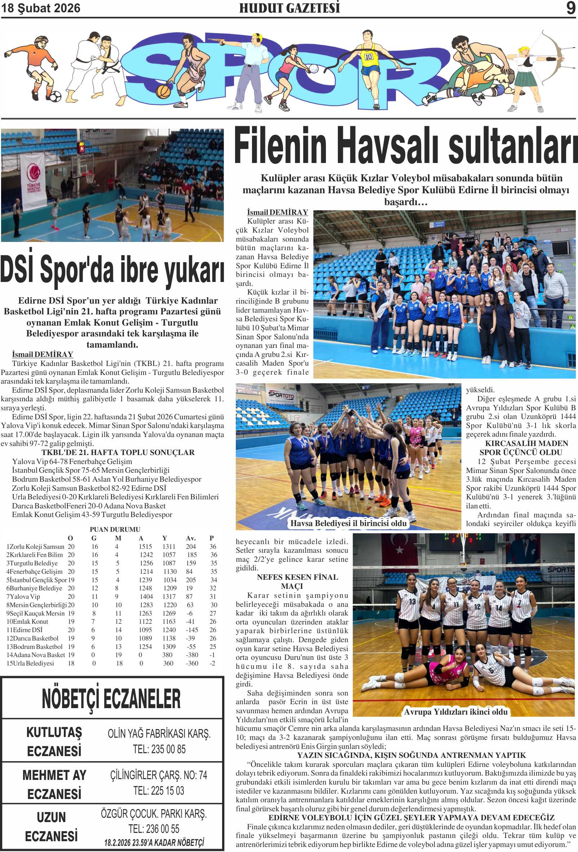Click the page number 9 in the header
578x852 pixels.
coord(570,8)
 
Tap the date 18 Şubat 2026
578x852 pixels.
coord(41,8)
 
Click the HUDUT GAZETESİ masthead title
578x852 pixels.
coord(289,8)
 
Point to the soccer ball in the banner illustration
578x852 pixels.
coord(55,96)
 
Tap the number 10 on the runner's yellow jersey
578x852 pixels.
coord(369,57)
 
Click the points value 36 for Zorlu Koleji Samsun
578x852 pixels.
coord(213,547)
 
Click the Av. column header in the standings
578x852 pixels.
coord(191,538)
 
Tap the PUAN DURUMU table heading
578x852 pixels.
coord(115,529)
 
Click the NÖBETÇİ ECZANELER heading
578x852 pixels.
coord(111,699)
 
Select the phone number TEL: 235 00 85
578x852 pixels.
coord(159,749)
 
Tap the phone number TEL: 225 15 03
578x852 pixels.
coord(158,791)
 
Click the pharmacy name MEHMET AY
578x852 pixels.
coord(54,775)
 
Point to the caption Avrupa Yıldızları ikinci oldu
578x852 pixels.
coord(455,712)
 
